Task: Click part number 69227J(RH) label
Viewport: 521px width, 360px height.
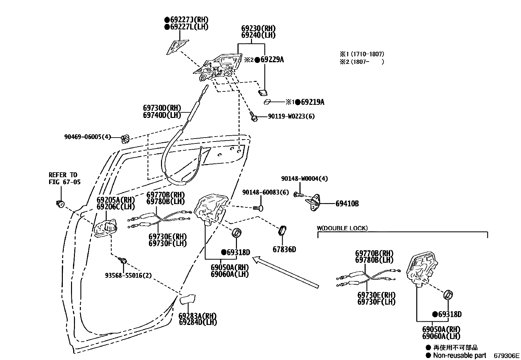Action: coord(189,20)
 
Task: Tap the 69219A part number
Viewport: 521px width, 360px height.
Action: coord(312,102)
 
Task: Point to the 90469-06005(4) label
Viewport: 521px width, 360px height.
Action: coord(88,137)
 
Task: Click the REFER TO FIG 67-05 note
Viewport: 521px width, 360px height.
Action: coord(64,179)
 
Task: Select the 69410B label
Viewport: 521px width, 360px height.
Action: coord(347,204)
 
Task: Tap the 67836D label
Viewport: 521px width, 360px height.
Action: coord(284,250)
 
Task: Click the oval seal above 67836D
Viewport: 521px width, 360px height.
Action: coord(282,230)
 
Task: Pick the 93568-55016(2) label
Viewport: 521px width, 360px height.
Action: coord(128,275)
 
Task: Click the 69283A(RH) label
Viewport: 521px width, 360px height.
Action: coord(197,316)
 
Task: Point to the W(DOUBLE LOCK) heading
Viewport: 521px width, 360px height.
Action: coord(342,228)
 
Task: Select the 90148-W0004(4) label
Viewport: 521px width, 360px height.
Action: coord(304,179)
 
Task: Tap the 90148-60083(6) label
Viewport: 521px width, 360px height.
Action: coord(265,192)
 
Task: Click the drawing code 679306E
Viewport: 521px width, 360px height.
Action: coord(506,355)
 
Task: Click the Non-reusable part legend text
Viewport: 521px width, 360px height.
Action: coord(459,355)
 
